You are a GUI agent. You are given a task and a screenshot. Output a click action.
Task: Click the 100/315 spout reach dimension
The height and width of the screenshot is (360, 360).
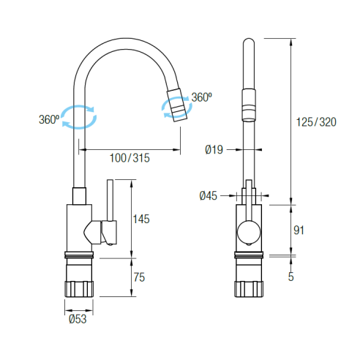point(130,158)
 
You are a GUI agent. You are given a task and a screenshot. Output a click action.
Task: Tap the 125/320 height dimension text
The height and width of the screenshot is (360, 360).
point(316,122)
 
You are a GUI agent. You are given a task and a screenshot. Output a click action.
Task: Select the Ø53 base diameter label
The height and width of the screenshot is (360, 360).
point(78,319)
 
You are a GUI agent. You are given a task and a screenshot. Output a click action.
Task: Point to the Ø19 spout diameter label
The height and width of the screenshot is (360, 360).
point(214,149)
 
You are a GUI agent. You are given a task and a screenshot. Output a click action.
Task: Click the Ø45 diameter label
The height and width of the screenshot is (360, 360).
point(208,195)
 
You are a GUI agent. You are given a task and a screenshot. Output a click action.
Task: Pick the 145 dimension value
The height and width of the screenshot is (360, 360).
point(141,219)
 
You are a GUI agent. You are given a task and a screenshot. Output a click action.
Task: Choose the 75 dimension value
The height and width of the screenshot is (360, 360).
point(139,277)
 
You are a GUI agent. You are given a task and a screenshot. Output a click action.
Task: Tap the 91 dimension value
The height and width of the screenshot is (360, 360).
point(299,230)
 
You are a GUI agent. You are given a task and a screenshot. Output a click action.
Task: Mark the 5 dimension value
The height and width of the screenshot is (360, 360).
point(291,277)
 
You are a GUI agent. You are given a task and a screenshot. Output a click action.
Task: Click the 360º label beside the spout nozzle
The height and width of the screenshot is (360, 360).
point(201,97)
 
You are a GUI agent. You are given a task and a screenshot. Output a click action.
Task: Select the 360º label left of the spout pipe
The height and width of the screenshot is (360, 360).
point(49,119)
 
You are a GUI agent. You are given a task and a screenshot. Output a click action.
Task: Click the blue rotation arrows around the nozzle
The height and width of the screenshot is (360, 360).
point(177,107)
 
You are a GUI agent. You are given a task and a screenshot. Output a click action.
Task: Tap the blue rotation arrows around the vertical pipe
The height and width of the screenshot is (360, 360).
point(79,117)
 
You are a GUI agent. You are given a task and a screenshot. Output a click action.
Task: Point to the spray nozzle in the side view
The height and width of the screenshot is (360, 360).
point(177,105)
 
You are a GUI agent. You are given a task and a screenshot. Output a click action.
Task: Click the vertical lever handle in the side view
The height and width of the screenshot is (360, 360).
point(110,200)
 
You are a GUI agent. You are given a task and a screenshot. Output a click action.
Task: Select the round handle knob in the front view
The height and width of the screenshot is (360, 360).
point(249,232)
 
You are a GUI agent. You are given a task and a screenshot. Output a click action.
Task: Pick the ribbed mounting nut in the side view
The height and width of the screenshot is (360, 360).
point(79,289)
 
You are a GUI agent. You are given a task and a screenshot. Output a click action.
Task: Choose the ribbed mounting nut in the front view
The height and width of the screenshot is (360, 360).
point(249,289)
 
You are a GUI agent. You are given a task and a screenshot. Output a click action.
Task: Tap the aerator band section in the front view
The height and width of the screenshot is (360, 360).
point(249,105)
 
